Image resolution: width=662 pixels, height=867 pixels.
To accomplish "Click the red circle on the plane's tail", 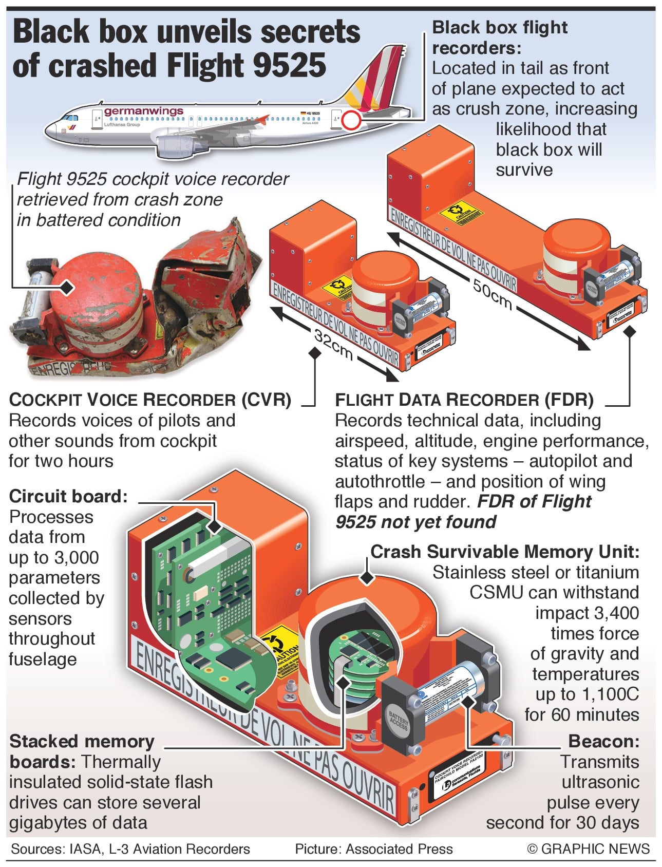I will click(x=351, y=120).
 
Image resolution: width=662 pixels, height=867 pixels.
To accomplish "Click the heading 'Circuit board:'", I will click(x=68, y=496).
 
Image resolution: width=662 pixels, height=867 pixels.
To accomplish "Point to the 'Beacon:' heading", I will click(x=603, y=741).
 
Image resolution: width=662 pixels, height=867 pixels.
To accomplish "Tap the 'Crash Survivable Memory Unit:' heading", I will click(x=505, y=552).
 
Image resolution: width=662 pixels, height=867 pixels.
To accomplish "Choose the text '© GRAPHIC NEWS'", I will click(x=589, y=849).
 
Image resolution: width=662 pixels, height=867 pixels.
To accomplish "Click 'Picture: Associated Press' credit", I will click(x=373, y=849).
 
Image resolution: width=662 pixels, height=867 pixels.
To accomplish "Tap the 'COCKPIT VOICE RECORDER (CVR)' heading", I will click(x=150, y=400).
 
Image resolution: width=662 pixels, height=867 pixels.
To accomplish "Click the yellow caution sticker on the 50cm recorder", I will click(x=461, y=212).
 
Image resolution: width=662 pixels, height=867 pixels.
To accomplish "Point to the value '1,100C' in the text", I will click(x=610, y=694).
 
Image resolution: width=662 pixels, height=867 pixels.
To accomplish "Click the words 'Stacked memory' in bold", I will click(x=82, y=741).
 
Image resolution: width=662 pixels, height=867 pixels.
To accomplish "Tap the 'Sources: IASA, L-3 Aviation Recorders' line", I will click(x=130, y=849).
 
